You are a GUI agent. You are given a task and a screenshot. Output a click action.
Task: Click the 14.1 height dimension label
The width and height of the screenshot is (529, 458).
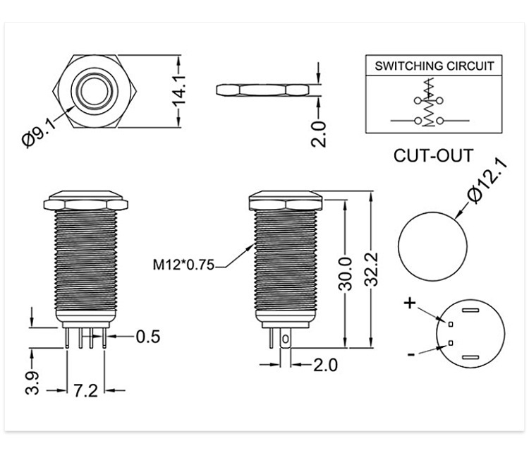point(179,91)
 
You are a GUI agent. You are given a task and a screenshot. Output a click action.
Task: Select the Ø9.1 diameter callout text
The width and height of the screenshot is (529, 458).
point(39,133)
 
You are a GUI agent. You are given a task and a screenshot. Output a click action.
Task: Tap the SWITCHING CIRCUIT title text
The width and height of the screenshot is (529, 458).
point(434,66)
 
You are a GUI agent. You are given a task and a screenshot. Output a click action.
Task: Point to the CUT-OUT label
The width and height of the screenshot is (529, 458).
point(433,155)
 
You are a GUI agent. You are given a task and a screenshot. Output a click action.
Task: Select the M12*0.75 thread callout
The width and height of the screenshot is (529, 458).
point(183,265)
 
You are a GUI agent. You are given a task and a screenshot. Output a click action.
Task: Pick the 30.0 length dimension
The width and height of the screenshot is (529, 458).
point(345,274)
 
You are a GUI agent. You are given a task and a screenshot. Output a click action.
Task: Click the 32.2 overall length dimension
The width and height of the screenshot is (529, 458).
point(372,270)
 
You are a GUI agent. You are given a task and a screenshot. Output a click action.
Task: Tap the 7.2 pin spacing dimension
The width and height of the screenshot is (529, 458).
point(85,391)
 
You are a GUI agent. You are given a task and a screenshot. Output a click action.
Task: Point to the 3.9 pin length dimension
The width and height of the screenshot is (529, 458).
point(32,383)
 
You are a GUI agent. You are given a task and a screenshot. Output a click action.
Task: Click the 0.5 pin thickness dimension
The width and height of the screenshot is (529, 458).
point(148,337)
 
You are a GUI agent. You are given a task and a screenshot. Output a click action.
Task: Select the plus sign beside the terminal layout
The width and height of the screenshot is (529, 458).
point(410,303)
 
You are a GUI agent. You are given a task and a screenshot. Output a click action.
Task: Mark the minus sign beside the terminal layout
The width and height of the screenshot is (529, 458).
point(411,354)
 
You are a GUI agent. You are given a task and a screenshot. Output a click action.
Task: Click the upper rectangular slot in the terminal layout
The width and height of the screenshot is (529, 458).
point(470,311)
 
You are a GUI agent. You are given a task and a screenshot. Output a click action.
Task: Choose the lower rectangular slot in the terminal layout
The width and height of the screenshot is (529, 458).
point(470,357)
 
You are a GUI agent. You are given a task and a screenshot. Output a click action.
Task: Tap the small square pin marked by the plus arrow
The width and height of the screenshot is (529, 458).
point(451,325)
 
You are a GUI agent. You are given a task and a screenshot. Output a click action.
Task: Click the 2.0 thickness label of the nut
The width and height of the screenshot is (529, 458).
point(319,134)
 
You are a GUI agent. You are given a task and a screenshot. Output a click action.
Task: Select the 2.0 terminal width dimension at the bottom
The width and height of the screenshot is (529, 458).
point(326,365)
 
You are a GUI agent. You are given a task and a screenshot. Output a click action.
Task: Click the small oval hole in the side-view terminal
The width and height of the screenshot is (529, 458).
point(286,339)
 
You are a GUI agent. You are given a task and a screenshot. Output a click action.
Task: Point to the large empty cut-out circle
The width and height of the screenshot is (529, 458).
point(433,246)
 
